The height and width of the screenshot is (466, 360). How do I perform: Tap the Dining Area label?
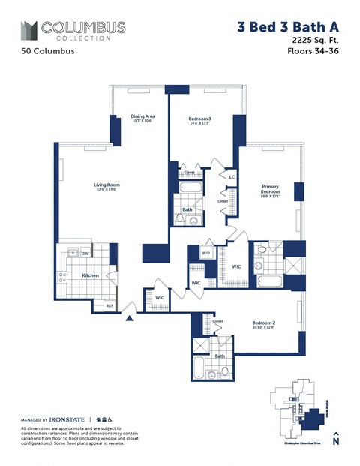142,116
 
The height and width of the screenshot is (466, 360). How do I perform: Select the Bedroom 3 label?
200,119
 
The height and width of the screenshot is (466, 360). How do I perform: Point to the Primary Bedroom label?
271,189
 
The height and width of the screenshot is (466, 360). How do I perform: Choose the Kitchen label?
90,275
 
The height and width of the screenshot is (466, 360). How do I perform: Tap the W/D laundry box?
205,253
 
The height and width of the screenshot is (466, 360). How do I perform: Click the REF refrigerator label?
109,305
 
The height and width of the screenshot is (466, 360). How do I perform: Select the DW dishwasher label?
86,254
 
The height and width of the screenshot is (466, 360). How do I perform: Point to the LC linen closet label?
232,178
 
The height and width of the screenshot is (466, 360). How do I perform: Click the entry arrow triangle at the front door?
131,318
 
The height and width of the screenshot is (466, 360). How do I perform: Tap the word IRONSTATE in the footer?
67,419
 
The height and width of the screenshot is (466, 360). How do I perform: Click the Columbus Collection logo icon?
29,30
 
